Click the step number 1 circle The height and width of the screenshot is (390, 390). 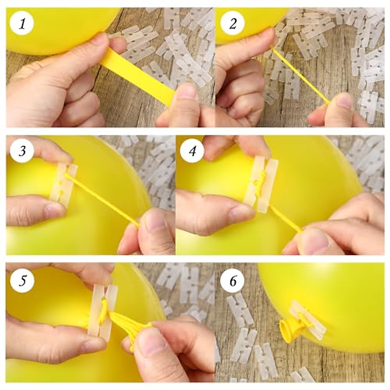point(22,24)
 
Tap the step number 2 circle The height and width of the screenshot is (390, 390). point(232,24)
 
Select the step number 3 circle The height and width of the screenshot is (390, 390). point(22,151)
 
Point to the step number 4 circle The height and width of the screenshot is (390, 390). point(193,151)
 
